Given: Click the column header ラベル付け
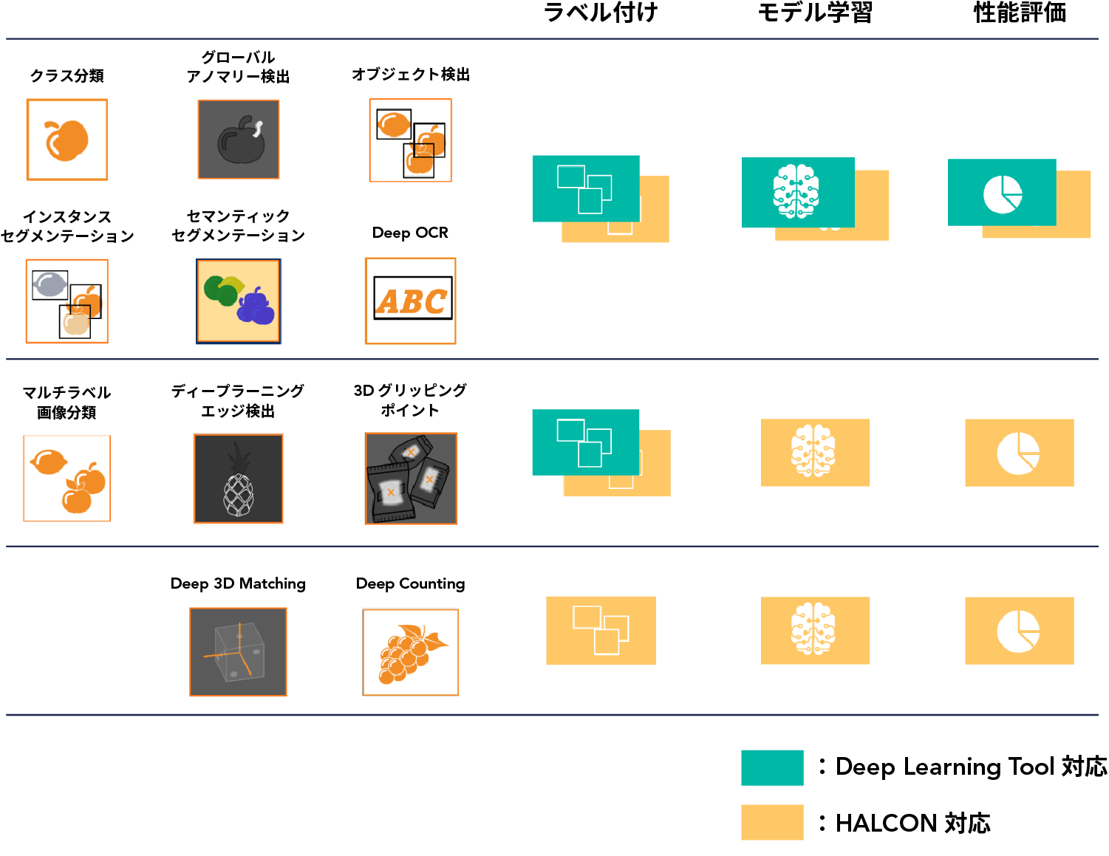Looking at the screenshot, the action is click(601, 13).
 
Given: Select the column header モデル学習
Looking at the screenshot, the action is click(815, 13).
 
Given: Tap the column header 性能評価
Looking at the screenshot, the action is click(1020, 13).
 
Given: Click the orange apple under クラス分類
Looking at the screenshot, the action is click(66, 140).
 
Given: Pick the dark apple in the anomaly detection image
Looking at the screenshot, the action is click(241, 141).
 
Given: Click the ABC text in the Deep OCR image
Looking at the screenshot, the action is click(412, 301).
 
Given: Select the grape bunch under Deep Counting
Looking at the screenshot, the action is click(411, 653).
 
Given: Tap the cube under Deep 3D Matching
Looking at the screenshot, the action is click(239, 652).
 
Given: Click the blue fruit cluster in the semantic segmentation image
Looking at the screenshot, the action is click(256, 307).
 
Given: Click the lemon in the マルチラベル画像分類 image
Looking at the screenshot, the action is click(49, 462).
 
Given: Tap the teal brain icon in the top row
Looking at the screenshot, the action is click(796, 191).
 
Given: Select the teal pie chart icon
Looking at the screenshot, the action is click(1003, 194).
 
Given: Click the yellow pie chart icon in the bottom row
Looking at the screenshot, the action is click(1019, 631).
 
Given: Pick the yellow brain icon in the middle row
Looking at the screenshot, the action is click(813, 451).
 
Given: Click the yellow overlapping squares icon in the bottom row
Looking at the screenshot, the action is click(601, 631).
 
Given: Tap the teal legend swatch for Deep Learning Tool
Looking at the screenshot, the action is click(772, 768).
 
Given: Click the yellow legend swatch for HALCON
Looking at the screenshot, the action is click(772, 822).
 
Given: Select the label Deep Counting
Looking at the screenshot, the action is click(410, 583).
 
